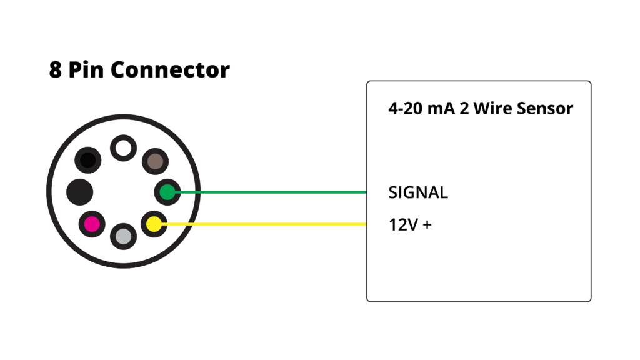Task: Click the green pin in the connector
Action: [167, 192]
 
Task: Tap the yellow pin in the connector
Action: [154, 223]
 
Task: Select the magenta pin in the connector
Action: [92, 223]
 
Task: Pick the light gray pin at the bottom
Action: [123, 236]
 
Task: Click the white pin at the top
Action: [123, 148]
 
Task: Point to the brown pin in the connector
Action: [154, 162]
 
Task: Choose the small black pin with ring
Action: [88, 161]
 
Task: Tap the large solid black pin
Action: [79, 191]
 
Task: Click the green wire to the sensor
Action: [269, 192]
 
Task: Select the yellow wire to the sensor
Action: [269, 224]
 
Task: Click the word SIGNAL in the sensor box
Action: [418, 192]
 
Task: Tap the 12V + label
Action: [410, 224]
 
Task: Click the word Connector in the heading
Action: [170, 69]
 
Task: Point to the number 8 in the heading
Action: [56, 69]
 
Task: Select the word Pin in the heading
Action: [86, 69]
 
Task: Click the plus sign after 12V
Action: [427, 224]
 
